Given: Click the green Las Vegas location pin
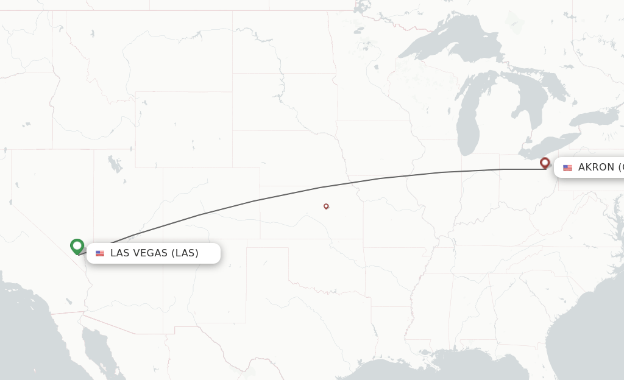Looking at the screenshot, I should (77, 246).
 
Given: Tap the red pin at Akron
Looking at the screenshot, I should (545, 163).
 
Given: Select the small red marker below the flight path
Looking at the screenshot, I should (326, 206).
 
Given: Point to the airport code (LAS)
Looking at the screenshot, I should (185, 253).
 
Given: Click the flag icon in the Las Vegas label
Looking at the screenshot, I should (100, 253).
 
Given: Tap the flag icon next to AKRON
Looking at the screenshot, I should (567, 167).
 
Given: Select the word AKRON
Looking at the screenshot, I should (596, 167).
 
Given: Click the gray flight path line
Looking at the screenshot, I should (256, 200).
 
